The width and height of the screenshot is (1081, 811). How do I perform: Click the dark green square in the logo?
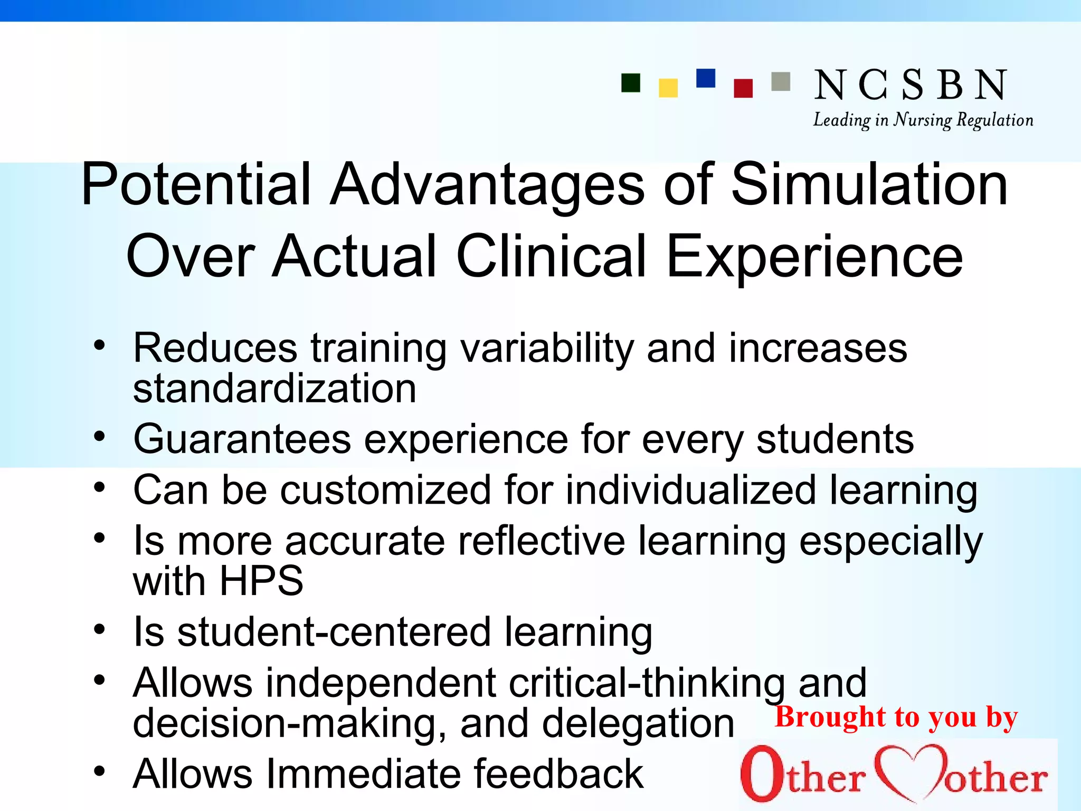point(631,83)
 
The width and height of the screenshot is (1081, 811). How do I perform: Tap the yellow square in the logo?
point(668,88)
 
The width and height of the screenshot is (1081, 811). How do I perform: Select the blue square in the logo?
point(706,78)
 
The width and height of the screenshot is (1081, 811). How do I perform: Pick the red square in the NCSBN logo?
point(743,88)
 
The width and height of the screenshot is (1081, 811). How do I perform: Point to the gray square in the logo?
point(781,82)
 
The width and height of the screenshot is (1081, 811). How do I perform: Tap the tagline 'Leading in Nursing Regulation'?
point(923,120)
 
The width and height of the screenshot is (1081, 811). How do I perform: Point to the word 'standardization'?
point(274,388)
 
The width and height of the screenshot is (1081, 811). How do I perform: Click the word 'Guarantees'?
point(242,439)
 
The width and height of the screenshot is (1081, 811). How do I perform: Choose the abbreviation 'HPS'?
point(261,581)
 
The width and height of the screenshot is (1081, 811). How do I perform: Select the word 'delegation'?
point(638,723)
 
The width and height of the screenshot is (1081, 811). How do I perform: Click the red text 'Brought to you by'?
point(896,717)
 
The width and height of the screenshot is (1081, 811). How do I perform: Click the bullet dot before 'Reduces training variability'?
point(99,346)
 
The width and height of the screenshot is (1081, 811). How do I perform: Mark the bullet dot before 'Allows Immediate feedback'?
point(99,772)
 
